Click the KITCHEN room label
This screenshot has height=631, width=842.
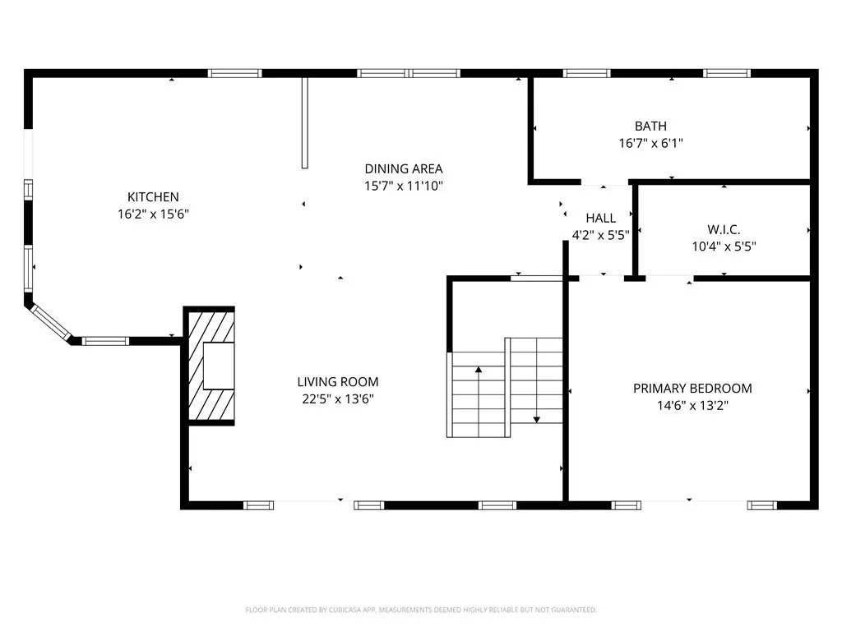[152, 197]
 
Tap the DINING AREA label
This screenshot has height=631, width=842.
[404, 169]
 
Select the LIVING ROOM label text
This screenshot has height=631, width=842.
[338, 382]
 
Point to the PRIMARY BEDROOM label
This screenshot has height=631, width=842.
[692, 389]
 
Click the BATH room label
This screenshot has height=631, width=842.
[650, 127]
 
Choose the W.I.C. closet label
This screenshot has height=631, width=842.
[724, 228]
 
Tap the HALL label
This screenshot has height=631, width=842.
[600, 219]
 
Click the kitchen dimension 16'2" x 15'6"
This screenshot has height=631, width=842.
[152, 214]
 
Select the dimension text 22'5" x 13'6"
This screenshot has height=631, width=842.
[338, 399]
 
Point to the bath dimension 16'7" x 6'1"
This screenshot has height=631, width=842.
[650, 143]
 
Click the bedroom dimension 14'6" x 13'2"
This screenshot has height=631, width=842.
[692, 405]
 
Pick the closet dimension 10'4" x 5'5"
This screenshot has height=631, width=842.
[724, 245]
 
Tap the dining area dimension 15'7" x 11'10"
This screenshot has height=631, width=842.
[404, 186]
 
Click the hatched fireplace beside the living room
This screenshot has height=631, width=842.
[212, 366]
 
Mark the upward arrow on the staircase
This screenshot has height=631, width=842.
[478, 371]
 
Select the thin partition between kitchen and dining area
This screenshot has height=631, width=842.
[304, 123]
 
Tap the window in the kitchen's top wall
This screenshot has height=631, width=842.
[234, 73]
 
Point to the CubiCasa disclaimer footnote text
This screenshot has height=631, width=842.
[420, 610]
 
